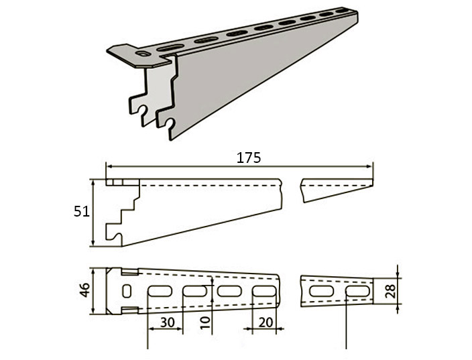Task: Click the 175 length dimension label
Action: pos(249,158)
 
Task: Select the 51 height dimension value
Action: pos(82,212)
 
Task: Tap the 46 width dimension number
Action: pos(86,290)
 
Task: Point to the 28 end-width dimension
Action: pos(390,291)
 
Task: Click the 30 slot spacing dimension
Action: pos(168,322)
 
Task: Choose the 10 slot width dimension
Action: pos(206,322)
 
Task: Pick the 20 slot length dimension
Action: pos(265,322)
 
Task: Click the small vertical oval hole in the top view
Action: pos(127,291)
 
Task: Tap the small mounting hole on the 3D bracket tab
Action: pos(143,54)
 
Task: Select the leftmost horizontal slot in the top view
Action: pos(160,291)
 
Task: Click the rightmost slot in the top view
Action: pos(357,291)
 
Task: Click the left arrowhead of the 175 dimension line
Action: pos(109,166)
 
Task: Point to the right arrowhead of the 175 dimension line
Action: pos(370,166)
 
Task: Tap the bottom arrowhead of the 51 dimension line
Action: pos(93,243)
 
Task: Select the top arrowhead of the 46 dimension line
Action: pos(93,272)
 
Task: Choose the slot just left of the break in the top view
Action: pos(264,291)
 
